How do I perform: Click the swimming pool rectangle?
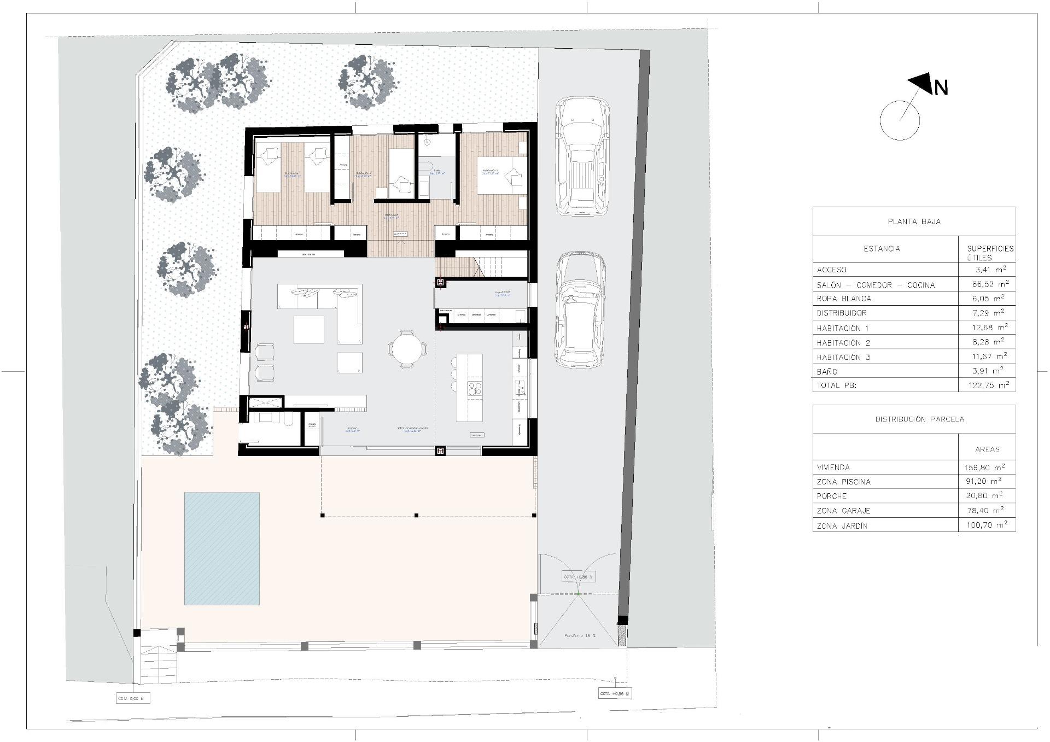[221, 548]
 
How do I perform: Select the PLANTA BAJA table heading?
[914, 221]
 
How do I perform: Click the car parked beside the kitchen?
[581, 309]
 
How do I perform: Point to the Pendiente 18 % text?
[580, 636]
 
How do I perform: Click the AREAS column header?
[987, 449]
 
